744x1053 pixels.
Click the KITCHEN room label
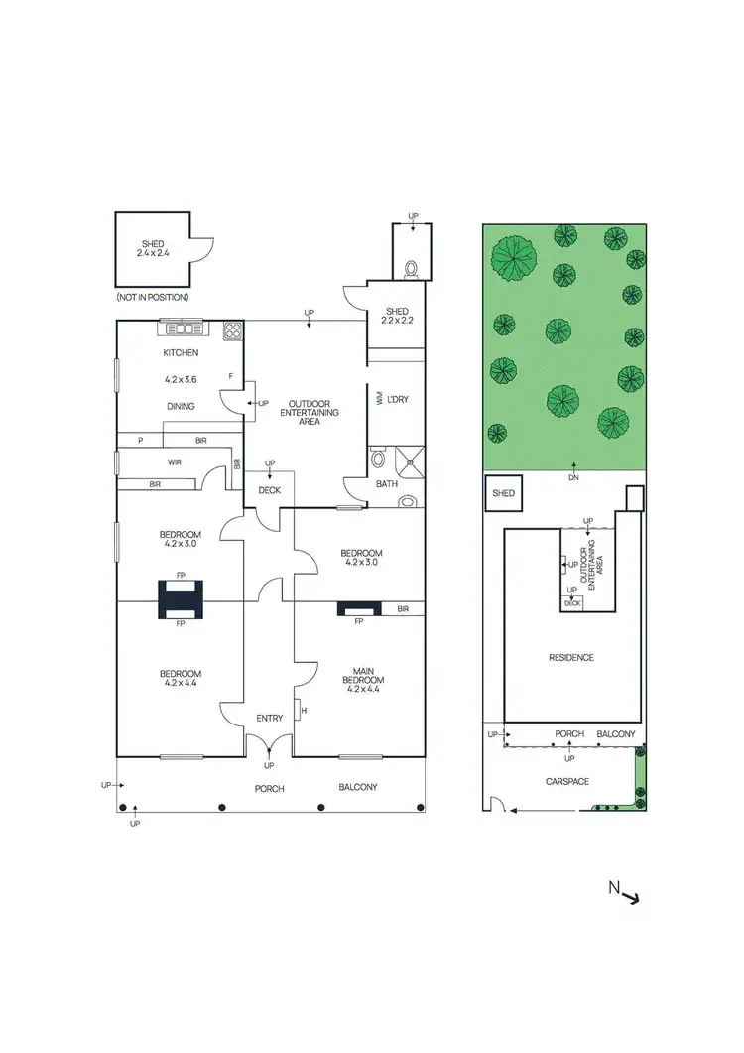(x=181, y=352)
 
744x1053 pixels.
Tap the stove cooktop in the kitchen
(x=233, y=330)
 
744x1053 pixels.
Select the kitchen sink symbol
(x=182, y=329)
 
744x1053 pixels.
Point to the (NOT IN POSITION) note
(x=152, y=297)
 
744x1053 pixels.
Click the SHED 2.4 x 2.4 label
(x=152, y=248)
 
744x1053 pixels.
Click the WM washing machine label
(x=379, y=399)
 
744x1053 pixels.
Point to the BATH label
(x=386, y=484)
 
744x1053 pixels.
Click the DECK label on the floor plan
(x=269, y=490)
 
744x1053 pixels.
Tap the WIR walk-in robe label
(x=176, y=461)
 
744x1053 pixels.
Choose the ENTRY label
(x=269, y=718)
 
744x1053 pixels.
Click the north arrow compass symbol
(x=629, y=896)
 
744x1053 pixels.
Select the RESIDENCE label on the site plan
(x=571, y=657)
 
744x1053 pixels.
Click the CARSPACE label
(x=567, y=781)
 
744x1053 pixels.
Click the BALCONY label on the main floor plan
(x=357, y=787)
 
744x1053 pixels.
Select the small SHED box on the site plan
(x=502, y=493)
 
